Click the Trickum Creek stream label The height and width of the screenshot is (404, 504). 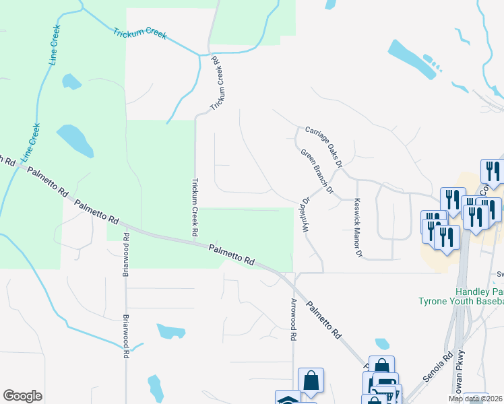point(139,34)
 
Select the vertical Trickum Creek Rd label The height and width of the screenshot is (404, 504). point(195,206)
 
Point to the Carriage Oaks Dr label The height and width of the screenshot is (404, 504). point(324,146)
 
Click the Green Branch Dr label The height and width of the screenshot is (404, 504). point(317,172)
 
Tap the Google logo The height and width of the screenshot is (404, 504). point(22,396)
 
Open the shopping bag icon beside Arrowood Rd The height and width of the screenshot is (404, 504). point(311,380)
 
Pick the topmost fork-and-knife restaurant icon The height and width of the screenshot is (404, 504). point(493,172)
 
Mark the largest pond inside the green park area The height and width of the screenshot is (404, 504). point(75,139)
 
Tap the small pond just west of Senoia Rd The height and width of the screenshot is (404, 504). point(382,343)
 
